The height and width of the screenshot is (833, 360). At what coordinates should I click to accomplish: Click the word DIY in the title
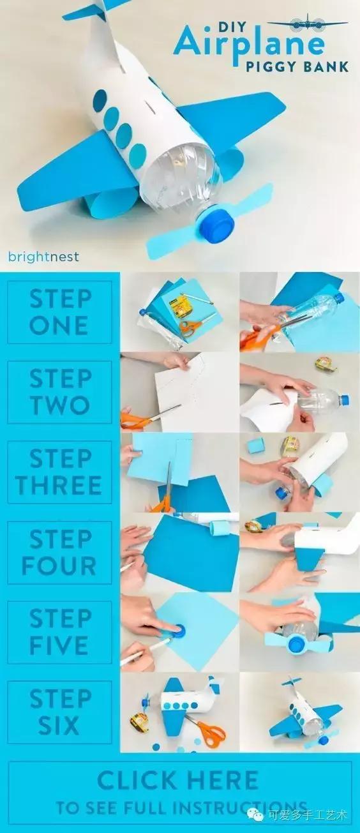click(232, 26)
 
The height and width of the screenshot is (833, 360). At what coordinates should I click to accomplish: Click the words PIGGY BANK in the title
click(297, 66)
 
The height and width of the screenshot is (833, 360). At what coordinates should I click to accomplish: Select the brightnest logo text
click(43, 257)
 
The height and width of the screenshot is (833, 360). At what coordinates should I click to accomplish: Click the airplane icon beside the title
click(308, 24)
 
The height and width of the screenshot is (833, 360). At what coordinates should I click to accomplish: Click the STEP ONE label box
click(59, 312)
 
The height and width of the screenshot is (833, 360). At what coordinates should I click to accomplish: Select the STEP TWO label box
click(59, 392)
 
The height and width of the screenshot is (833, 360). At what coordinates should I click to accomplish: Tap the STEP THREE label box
click(59, 472)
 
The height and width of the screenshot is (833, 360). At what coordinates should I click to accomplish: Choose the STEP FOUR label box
click(59, 553)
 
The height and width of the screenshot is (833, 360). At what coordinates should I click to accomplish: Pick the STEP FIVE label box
click(59, 633)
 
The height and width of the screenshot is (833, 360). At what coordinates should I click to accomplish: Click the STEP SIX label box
click(59, 712)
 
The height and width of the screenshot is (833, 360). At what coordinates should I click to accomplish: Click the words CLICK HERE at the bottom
click(178, 780)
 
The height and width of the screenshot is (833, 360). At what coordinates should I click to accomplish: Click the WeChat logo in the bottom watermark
click(255, 816)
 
